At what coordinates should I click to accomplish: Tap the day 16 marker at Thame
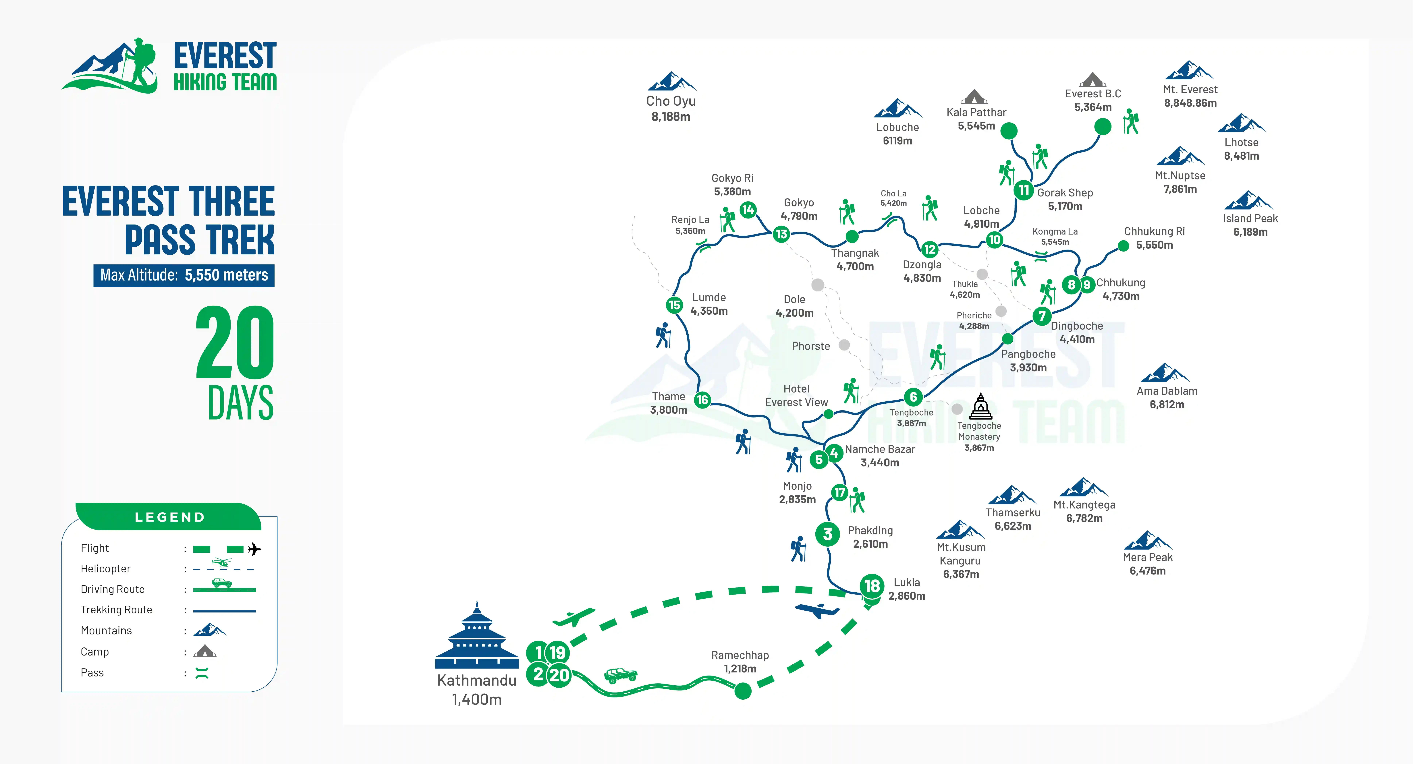pyautogui.click(x=702, y=400)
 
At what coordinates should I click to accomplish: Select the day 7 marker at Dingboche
pyautogui.click(x=1042, y=316)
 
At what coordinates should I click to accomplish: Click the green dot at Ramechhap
pyautogui.click(x=743, y=690)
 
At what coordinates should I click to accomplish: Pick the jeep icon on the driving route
pyautogui.click(x=620, y=675)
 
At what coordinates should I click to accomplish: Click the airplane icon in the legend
pyautogui.click(x=254, y=549)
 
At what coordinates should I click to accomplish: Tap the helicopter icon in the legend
pyautogui.click(x=222, y=562)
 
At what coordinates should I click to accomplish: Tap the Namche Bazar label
pyautogui.click(x=880, y=449)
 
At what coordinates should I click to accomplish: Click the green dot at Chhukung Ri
pyautogui.click(x=1123, y=246)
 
